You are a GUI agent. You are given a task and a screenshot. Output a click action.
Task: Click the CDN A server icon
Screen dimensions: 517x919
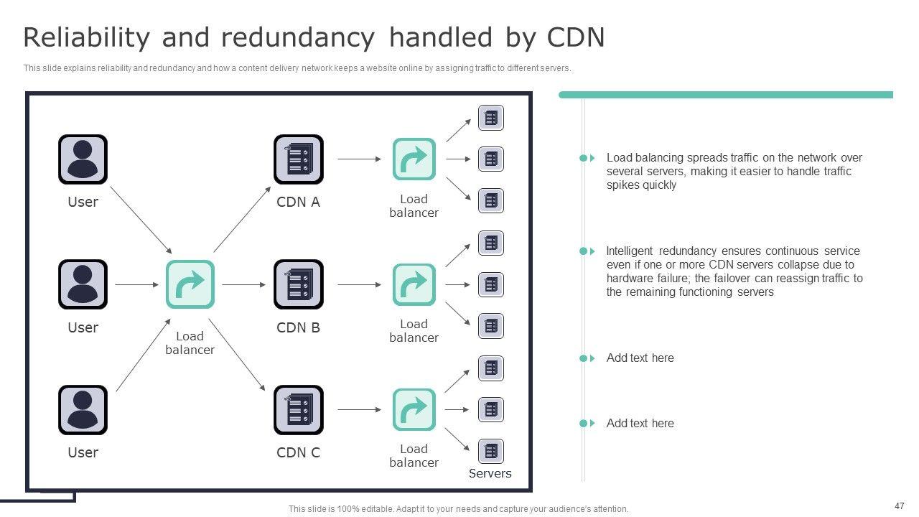pyautogui.click(x=299, y=159)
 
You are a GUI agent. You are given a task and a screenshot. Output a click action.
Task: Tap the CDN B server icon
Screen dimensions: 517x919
pyautogui.click(x=299, y=284)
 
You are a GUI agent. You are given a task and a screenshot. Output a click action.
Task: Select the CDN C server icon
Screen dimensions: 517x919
pyautogui.click(x=299, y=410)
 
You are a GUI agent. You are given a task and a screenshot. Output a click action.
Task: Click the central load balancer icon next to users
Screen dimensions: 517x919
pyautogui.click(x=190, y=284)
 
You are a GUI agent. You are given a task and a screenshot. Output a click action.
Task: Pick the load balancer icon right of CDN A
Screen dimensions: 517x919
pyautogui.click(x=414, y=159)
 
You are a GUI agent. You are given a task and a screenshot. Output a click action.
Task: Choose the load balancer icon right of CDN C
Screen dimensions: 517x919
pyautogui.click(x=414, y=410)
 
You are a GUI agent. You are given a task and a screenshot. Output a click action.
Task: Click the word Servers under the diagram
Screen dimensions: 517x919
pyautogui.click(x=490, y=473)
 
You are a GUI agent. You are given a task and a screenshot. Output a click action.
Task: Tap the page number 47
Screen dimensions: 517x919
pyautogui.click(x=900, y=506)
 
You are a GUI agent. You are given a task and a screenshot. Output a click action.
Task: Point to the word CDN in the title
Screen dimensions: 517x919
pyautogui.click(x=577, y=37)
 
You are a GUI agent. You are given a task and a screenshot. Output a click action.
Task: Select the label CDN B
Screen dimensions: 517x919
pyautogui.click(x=299, y=327)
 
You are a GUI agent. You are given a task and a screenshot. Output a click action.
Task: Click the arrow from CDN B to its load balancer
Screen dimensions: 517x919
pyautogui.click(x=359, y=284)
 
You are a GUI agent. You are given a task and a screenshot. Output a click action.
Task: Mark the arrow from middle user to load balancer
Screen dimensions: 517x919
pyautogui.click(x=136, y=284)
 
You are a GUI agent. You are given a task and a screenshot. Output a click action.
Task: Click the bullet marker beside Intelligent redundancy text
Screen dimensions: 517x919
pyautogui.click(x=587, y=251)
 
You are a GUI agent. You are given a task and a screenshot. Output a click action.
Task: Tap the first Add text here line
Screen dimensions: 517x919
pyautogui.click(x=640, y=358)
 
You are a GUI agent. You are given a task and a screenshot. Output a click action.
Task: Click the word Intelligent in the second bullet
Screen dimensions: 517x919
pyautogui.click(x=630, y=251)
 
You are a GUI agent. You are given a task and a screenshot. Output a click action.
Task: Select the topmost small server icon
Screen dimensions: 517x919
pyautogui.click(x=491, y=118)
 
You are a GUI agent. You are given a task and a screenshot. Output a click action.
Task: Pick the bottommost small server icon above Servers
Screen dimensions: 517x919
pyautogui.click(x=491, y=451)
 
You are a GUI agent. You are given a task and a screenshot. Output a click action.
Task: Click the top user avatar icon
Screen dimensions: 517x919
pyautogui.click(x=83, y=159)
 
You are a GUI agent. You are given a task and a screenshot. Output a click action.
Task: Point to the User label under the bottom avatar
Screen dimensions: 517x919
pyautogui.click(x=83, y=452)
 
